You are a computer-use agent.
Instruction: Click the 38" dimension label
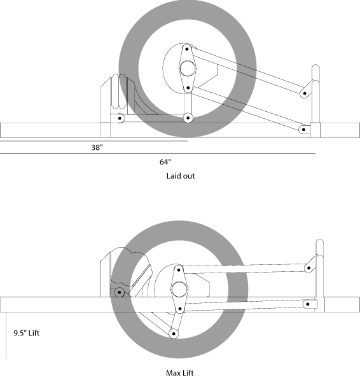97,147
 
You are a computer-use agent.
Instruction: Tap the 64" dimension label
165,162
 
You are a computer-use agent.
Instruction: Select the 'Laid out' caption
181,176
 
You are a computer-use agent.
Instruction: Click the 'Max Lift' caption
180,373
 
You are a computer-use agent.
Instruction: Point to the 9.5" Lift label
26,333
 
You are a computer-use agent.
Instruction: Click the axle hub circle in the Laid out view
188,69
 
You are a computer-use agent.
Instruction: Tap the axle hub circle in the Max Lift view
179,289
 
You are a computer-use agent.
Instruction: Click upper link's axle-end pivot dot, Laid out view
187,49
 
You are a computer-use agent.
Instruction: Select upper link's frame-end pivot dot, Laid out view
305,93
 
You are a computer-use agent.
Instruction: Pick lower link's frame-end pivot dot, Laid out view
303,130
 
